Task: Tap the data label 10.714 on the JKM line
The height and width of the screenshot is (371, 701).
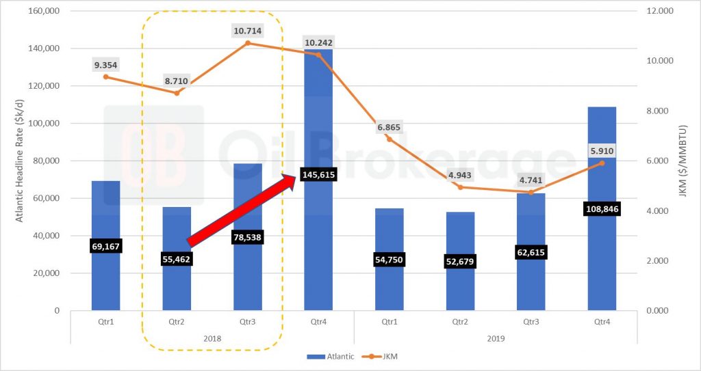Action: click(247, 31)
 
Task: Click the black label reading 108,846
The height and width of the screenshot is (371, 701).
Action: click(602, 210)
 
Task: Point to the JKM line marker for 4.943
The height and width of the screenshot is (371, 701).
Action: click(461, 187)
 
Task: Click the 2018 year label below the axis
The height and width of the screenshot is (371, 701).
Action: click(212, 338)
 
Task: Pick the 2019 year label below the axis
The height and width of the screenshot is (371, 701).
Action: click(496, 338)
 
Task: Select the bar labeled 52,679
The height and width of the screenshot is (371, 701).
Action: click(460, 287)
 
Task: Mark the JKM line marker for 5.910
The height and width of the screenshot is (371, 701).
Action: click(602, 163)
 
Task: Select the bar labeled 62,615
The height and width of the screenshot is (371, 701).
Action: click(531, 287)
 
